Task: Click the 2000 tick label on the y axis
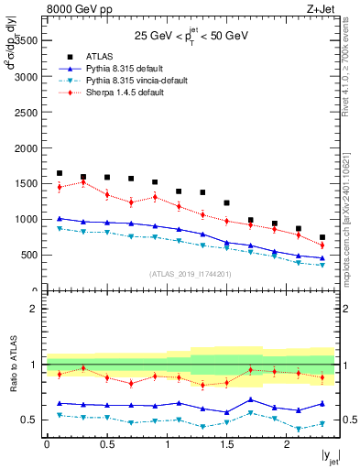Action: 26,147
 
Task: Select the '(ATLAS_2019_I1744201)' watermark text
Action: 191,274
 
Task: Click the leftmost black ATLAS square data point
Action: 60,173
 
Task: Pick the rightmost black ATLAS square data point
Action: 322,237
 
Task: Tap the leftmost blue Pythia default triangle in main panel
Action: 60,219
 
